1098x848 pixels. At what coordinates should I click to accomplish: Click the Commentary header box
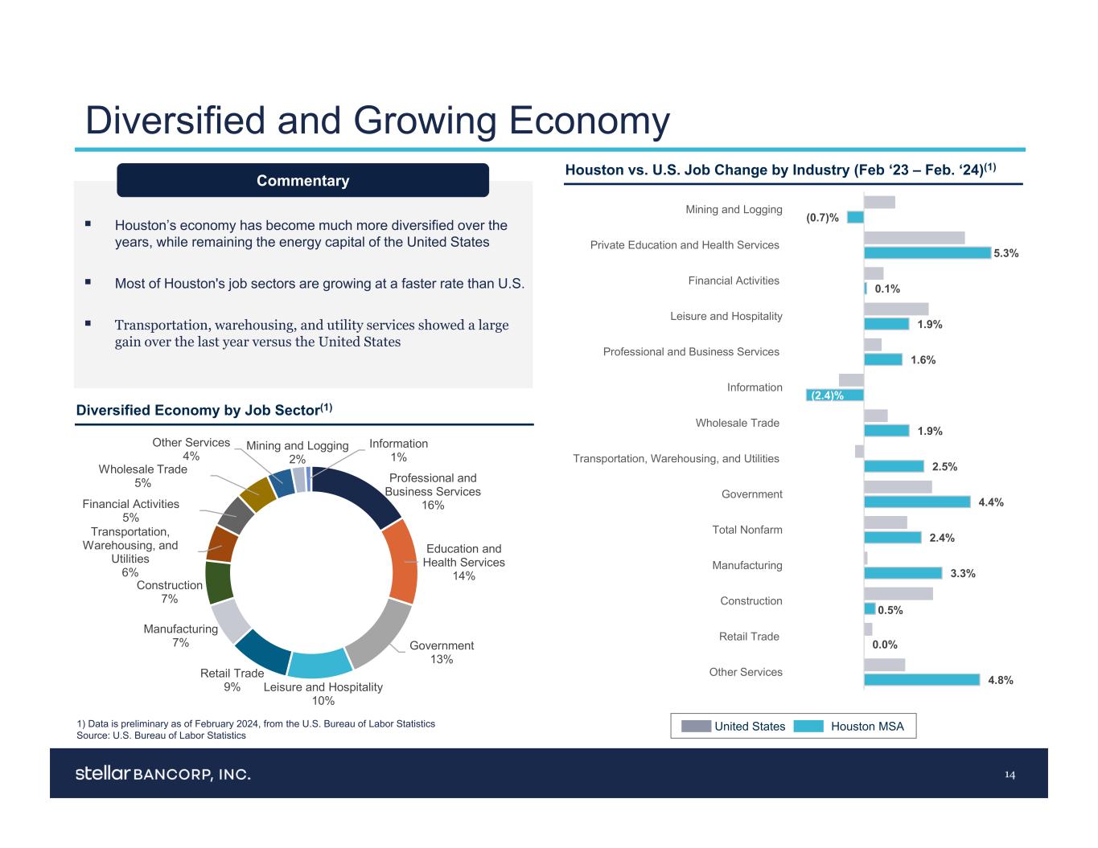302,181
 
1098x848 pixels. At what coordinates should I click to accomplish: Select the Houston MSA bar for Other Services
922,680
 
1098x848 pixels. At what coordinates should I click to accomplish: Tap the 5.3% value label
1005,253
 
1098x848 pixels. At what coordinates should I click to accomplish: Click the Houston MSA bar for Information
835,395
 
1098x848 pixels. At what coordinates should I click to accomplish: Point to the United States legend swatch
696,727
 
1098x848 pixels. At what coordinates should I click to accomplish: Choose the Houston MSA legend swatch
808,727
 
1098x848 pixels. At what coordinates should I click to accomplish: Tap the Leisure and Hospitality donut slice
319,662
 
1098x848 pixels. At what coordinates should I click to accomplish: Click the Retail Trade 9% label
232,680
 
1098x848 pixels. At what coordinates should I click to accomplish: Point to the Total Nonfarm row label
747,530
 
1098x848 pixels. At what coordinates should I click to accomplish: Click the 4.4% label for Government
990,502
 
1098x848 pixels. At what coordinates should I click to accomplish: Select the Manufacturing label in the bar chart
746,565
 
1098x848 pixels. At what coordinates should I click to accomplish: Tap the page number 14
1010,775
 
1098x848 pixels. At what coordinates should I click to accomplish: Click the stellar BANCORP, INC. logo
163,774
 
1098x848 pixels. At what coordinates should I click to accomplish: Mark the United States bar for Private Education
914,238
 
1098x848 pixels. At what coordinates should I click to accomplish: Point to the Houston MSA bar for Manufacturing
903,573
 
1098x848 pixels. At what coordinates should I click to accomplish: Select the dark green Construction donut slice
219,582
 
